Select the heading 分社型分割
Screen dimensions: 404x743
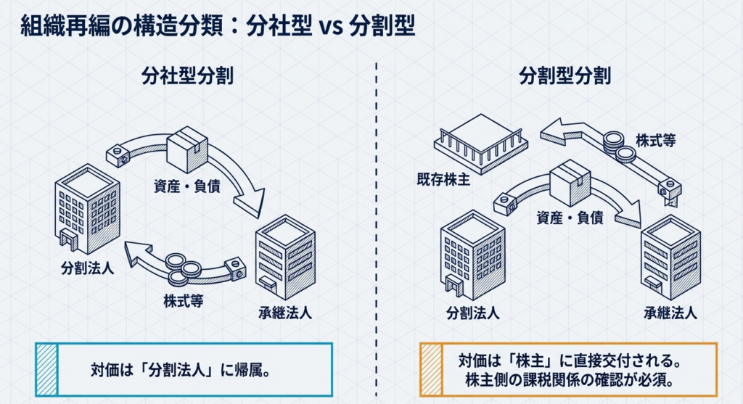[x=187, y=76]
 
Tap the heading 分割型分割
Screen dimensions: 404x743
[x=565, y=76]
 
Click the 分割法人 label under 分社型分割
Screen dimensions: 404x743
[x=87, y=266]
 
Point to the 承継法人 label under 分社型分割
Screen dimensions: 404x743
[x=285, y=313]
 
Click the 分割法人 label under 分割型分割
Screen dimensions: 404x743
[x=472, y=313]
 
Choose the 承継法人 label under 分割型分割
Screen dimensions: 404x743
[x=670, y=313]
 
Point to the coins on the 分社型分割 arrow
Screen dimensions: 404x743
[x=177, y=268]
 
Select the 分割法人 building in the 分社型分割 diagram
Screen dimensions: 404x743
[x=87, y=208]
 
